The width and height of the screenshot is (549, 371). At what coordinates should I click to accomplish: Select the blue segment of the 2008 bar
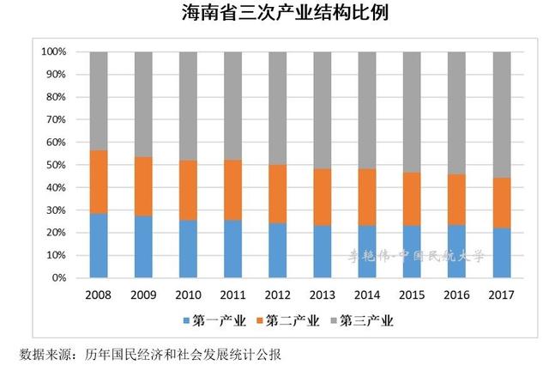pyautogui.click(x=99, y=246)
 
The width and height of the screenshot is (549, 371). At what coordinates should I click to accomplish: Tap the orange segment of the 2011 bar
pyautogui.click(x=233, y=190)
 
